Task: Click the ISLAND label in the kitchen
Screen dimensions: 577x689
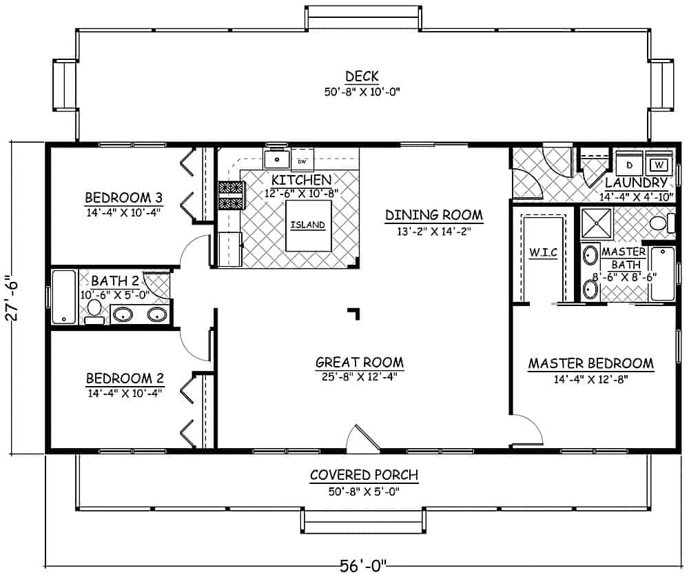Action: [x=308, y=225]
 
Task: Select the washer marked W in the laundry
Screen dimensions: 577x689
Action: [x=659, y=165]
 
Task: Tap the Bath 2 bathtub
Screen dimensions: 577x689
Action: [x=63, y=296]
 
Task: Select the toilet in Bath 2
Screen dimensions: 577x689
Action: [x=94, y=311]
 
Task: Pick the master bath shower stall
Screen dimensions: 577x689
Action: [x=595, y=222]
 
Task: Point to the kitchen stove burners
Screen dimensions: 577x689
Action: [x=231, y=194]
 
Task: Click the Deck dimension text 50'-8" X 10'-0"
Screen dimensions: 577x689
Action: [x=363, y=91]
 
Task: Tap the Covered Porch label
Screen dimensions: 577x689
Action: [x=364, y=475]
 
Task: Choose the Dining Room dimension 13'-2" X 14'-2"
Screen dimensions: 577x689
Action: [x=433, y=232]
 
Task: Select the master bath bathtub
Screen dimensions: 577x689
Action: [x=663, y=274]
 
